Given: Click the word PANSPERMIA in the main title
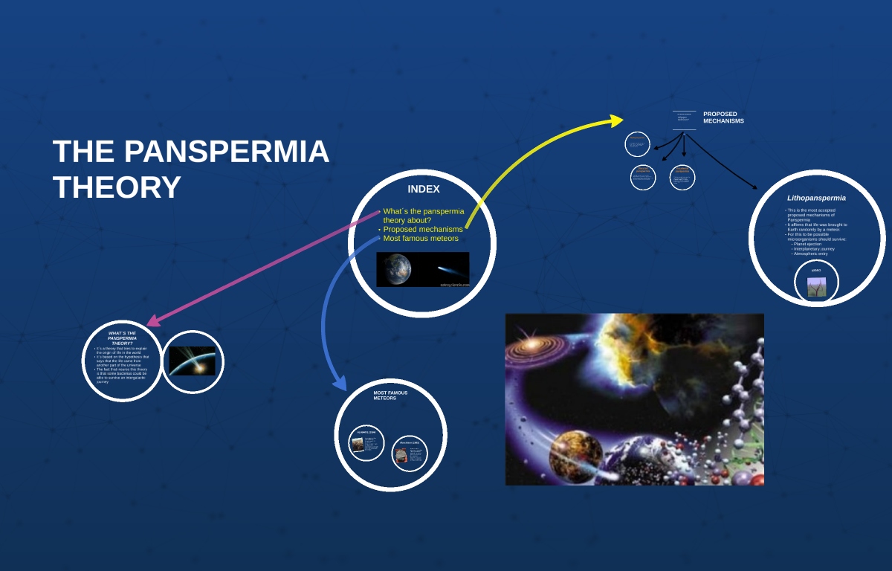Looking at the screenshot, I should click(226, 152).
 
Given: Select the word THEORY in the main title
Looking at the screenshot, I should click(117, 187).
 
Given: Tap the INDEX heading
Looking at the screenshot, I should click(423, 190).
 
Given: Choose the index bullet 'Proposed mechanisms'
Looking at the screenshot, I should click(422, 229).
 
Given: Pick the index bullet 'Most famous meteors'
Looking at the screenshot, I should click(421, 239).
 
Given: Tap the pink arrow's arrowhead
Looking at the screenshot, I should click(153, 320).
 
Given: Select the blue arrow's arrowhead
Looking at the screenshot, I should click(340, 384).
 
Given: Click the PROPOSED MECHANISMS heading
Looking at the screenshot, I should click(723, 117).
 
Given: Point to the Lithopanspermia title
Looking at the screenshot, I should click(816, 198).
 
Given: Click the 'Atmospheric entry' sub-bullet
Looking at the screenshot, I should click(810, 254).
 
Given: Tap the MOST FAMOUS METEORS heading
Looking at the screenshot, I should click(390, 395).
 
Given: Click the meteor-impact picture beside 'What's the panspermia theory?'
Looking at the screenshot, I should click(192, 361).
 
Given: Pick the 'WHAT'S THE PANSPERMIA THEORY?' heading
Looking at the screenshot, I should click(122, 338).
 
